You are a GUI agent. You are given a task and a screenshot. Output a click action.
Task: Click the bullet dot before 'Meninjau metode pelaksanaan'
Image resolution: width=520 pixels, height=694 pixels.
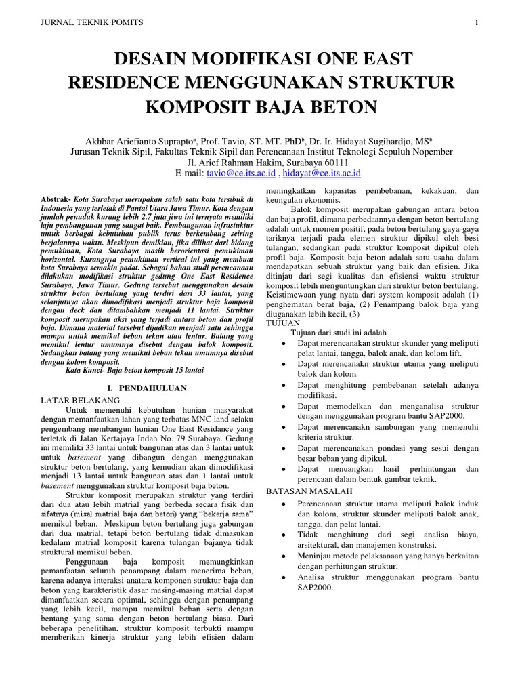tap(282, 555)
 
